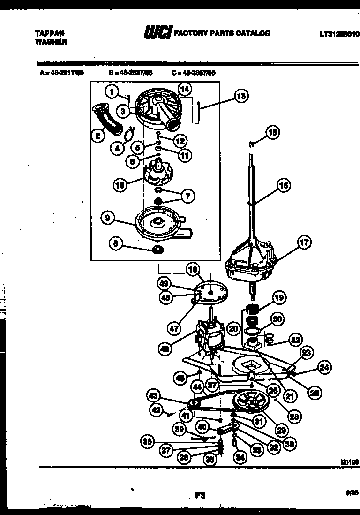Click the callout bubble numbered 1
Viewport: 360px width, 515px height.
pos(111,91)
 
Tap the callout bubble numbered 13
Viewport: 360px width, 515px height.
pos(241,97)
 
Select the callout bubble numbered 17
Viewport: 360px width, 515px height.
pos(304,242)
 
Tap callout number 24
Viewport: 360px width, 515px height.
pos(324,368)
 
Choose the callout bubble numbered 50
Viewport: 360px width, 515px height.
pos(277,319)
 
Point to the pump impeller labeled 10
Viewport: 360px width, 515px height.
pos(158,173)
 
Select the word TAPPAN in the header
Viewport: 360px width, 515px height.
pos(50,34)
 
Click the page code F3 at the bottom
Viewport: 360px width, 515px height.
pos(201,494)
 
